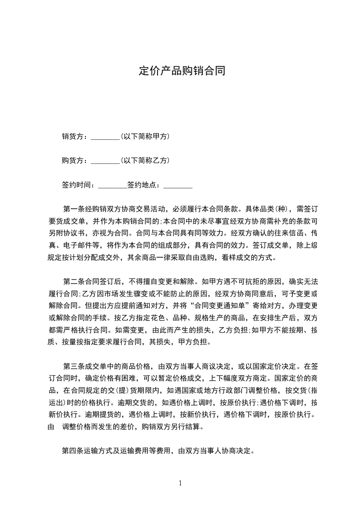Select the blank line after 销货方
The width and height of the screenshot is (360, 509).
coord(105,138)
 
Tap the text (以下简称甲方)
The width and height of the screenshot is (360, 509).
coord(145,136)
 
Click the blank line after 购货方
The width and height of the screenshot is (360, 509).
coord(105,162)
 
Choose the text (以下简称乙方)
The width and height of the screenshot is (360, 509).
coord(145,160)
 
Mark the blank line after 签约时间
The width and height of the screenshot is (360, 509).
coord(113,186)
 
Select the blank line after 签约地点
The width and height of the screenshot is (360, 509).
coord(178,186)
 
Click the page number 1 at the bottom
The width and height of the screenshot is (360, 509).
coord(180,483)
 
